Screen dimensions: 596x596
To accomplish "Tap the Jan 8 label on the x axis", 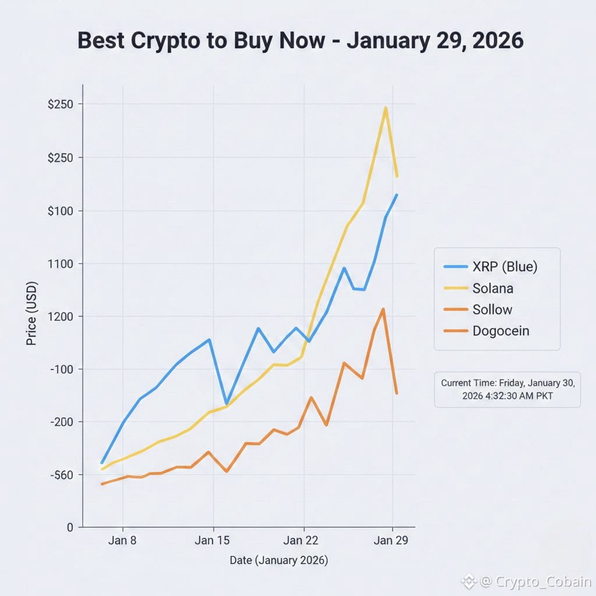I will pos(122,540).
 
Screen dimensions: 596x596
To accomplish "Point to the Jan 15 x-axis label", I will pos(212,540).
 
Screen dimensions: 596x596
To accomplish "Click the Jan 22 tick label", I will pos(303,540).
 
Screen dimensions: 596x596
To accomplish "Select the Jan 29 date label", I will pos(391,540).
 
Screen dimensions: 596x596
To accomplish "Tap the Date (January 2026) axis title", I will pos(279,560).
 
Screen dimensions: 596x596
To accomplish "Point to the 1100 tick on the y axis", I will pos(60,264).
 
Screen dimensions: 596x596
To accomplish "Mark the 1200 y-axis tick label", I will pos(60,317).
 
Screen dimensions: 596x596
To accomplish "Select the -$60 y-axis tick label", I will pos(60,475).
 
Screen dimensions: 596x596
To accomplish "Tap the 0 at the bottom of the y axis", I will pos(70,527).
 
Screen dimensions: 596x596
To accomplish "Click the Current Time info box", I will pos(507,389).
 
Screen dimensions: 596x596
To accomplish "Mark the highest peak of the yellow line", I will pos(385,108).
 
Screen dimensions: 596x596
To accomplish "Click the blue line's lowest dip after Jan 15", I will pos(226,403).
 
